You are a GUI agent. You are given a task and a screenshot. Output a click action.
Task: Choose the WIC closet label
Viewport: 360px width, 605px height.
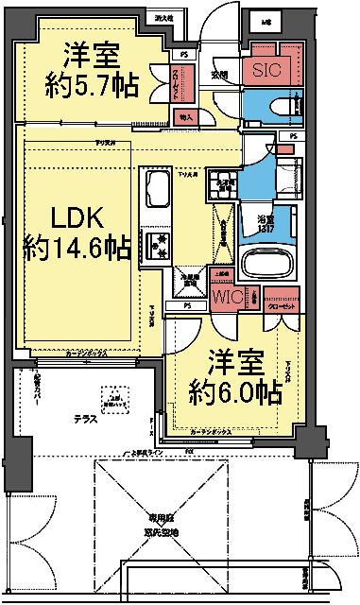pyautogui.click(x=229, y=297)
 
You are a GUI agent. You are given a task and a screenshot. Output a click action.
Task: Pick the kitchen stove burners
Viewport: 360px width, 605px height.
pyautogui.click(x=154, y=244)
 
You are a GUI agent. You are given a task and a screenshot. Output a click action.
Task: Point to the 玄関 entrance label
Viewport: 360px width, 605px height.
pyautogui.click(x=219, y=73)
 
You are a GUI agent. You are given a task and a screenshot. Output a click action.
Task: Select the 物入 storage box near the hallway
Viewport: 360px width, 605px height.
pyautogui.click(x=186, y=117)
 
